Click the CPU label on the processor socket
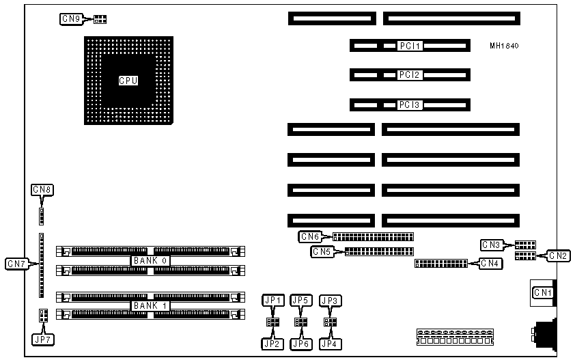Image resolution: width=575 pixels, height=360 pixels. (128, 81)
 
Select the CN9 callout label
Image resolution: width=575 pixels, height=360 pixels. (72, 19)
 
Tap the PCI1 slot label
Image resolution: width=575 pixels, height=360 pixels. (411, 46)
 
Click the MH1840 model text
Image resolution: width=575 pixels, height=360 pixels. (504, 46)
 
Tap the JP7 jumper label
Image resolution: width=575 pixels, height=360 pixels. (42, 338)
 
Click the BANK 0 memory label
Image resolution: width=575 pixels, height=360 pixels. (150, 260)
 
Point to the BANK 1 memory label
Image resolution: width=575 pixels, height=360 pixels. (150, 305)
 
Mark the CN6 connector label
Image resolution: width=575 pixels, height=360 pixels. (310, 237)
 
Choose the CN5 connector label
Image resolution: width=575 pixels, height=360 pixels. (322, 252)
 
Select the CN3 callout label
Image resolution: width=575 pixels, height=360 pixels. (491, 245)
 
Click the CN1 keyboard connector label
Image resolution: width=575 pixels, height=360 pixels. (543, 293)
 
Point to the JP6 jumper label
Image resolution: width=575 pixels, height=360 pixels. (300, 344)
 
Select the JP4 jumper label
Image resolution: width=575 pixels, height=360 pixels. (331, 344)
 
